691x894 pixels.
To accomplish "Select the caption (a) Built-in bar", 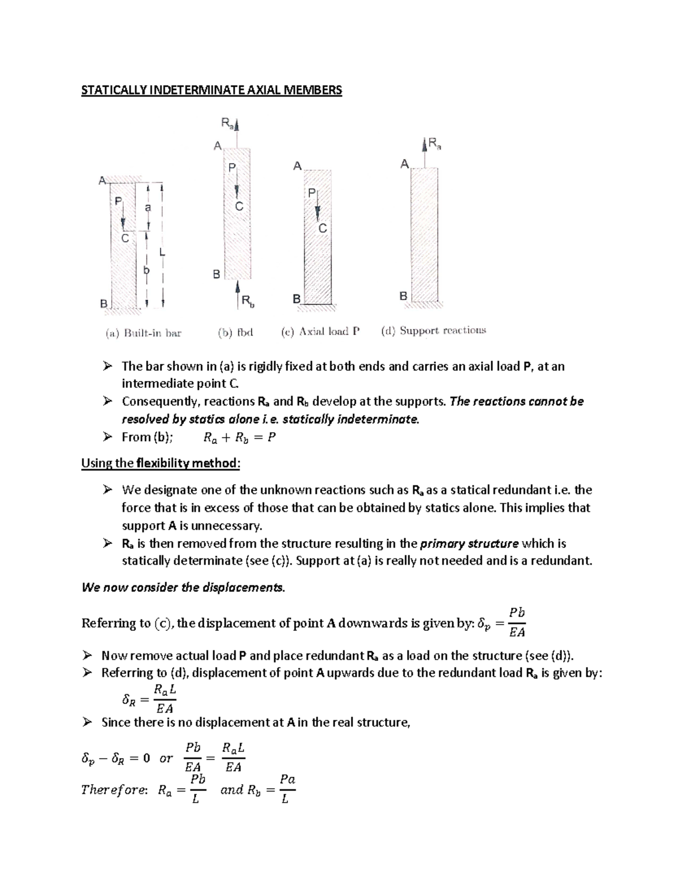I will tap(143, 333).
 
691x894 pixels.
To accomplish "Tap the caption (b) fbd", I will tap(236, 332).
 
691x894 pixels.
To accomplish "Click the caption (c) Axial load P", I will tap(320, 332).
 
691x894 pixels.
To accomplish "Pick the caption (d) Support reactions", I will tap(433, 330).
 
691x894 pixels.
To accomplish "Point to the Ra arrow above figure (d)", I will tap(426, 144).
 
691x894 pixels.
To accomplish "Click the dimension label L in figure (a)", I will tap(162, 252).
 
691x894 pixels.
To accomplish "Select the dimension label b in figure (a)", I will tap(146, 269).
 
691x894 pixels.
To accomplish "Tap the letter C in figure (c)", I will tap(322, 229).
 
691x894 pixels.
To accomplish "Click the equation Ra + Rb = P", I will tap(240, 438).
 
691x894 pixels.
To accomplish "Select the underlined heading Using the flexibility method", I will tap(160, 463).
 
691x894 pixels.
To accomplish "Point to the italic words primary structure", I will tap(469, 543).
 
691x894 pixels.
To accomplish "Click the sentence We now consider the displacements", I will tap(183, 588).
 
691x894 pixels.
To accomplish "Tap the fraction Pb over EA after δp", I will tap(517, 622).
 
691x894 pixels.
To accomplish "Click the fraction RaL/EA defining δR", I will tap(165, 699).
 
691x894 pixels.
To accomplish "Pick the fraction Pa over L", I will tap(287, 789).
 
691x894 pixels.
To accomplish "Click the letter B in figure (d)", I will tap(403, 296).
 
